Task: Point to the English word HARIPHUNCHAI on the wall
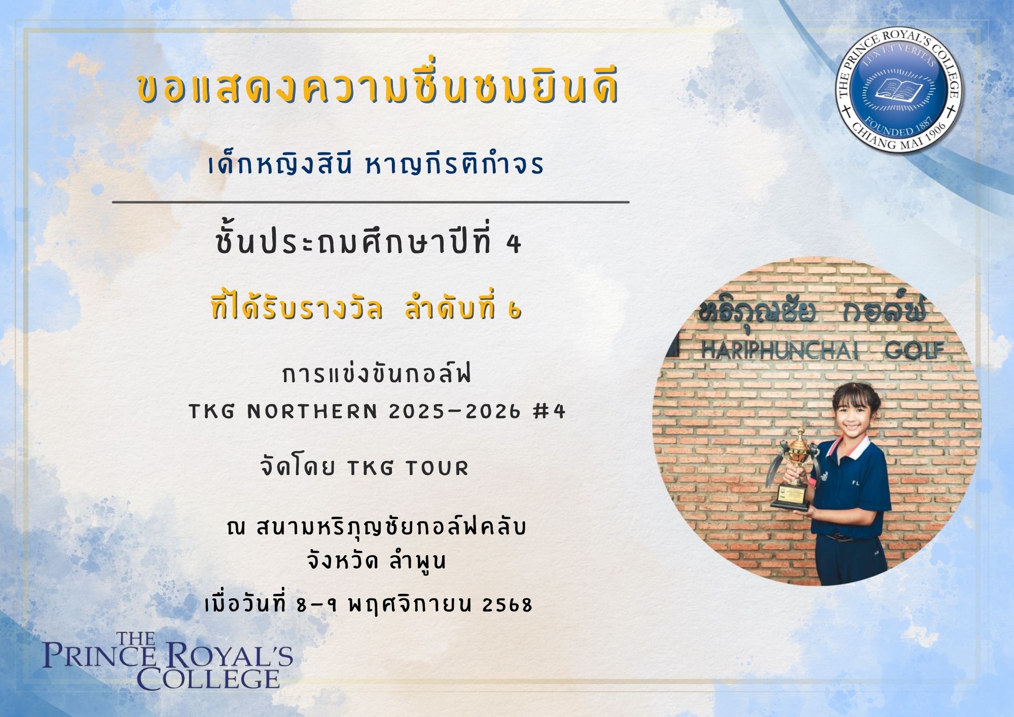pos(780,351)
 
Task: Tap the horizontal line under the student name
pos(371,202)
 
